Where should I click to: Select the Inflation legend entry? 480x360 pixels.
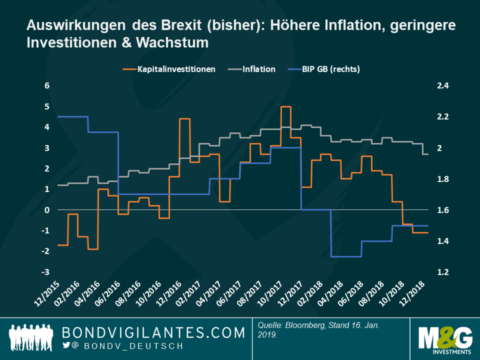click(x=258, y=69)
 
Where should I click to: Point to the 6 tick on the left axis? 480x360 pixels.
click(x=46, y=86)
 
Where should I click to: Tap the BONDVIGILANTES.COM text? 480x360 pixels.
click(x=153, y=333)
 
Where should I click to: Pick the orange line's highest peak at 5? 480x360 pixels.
click(x=286, y=107)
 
